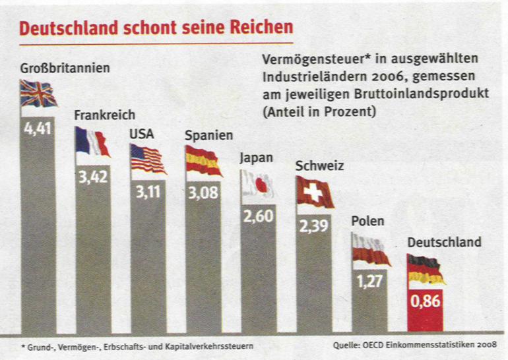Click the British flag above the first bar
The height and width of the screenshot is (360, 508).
pyautogui.click(x=38, y=94)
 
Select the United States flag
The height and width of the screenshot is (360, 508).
pyautogui.click(x=148, y=158)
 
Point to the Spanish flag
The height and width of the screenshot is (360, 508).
pyautogui.click(x=203, y=161)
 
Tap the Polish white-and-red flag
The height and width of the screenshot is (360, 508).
pyautogui.click(x=370, y=251)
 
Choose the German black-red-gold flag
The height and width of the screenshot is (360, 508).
pyautogui.click(x=426, y=269)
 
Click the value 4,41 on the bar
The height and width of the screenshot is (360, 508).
pyautogui.click(x=38, y=127)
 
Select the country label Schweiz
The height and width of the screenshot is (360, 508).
pyautogui.click(x=320, y=166)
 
